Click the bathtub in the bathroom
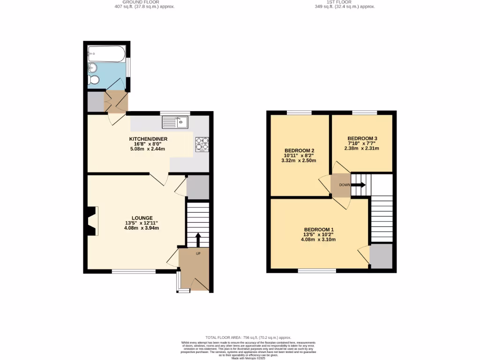click(x=106, y=53)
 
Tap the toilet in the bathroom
click(x=94, y=80)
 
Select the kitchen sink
click(x=175, y=122)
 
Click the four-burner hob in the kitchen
click(x=202, y=144)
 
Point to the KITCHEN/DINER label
click(x=148, y=139)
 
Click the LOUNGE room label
click(x=142, y=218)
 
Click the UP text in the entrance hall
click(x=198, y=254)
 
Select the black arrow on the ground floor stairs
click(x=197, y=239)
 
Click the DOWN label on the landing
click(x=345, y=185)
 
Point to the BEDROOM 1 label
click(x=318, y=229)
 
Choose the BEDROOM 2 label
click(x=298, y=150)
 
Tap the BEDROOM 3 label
click(x=362, y=138)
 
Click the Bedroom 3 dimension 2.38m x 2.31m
click(x=362, y=148)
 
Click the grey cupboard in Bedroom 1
click(x=381, y=256)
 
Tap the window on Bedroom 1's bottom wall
click(x=317, y=270)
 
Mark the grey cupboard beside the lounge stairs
click(x=197, y=187)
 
